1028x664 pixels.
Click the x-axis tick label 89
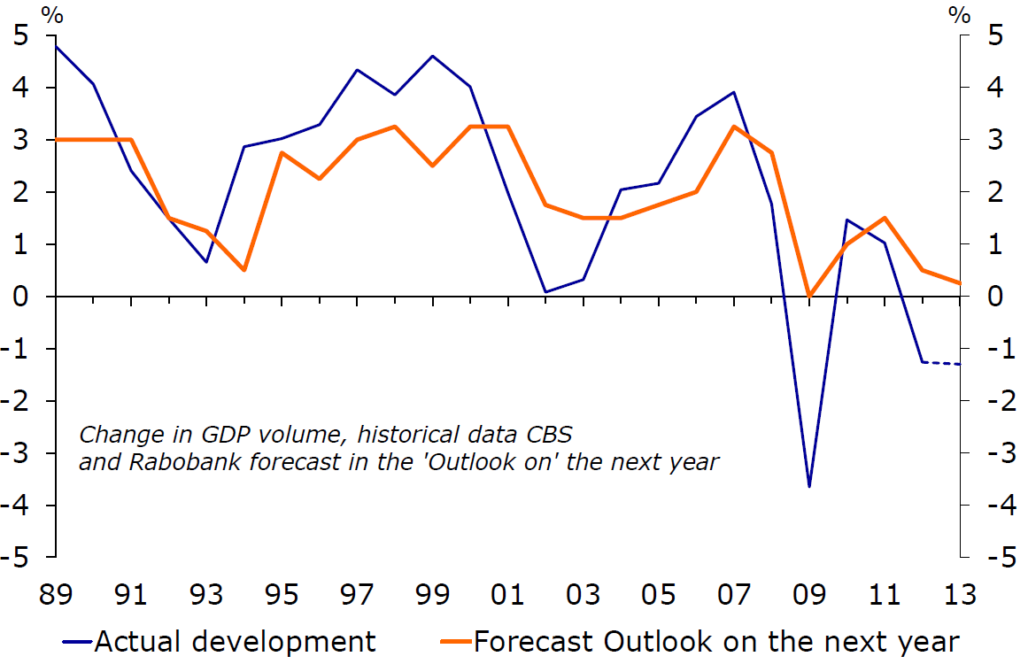(56, 594)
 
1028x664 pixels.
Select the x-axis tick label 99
(432, 594)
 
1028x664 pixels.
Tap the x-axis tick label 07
(733, 594)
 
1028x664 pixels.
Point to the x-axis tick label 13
(959, 594)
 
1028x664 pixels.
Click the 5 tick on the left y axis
(22, 36)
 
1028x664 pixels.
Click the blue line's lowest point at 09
(809, 486)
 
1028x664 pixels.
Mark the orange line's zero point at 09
(809, 296)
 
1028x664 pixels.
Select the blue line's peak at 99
(433, 56)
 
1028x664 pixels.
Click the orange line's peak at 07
(734, 127)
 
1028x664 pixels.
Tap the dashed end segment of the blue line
(941, 363)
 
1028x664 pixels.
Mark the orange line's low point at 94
(244, 270)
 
